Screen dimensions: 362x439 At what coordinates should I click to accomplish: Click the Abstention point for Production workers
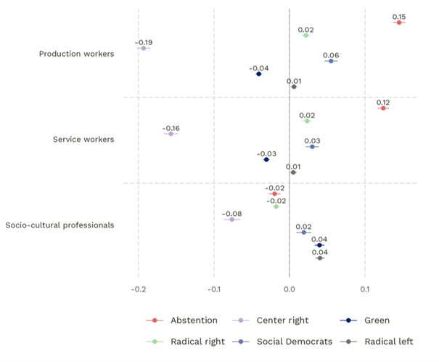click(x=398, y=23)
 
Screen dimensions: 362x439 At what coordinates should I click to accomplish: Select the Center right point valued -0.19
click(x=143, y=48)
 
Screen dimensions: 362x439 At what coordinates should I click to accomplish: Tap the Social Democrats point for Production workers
click(x=331, y=61)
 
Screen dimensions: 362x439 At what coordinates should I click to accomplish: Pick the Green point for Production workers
click(x=258, y=73)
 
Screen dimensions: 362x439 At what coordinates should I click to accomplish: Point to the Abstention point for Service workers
click(x=383, y=108)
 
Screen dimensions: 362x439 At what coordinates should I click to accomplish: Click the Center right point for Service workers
click(x=171, y=134)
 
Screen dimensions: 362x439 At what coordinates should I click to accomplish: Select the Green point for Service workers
click(x=266, y=159)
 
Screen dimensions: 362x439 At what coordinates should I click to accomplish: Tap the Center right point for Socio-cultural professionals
click(x=232, y=219)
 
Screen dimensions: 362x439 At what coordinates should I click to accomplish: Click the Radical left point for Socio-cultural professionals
click(x=319, y=257)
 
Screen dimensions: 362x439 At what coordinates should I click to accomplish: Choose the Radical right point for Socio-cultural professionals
click(x=276, y=206)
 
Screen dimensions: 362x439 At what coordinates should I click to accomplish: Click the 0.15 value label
click(x=398, y=16)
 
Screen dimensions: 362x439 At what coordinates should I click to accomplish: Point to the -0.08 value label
click(x=232, y=213)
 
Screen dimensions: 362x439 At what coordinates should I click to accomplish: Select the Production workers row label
click(x=76, y=54)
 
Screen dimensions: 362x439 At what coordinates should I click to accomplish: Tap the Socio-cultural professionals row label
click(x=60, y=225)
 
